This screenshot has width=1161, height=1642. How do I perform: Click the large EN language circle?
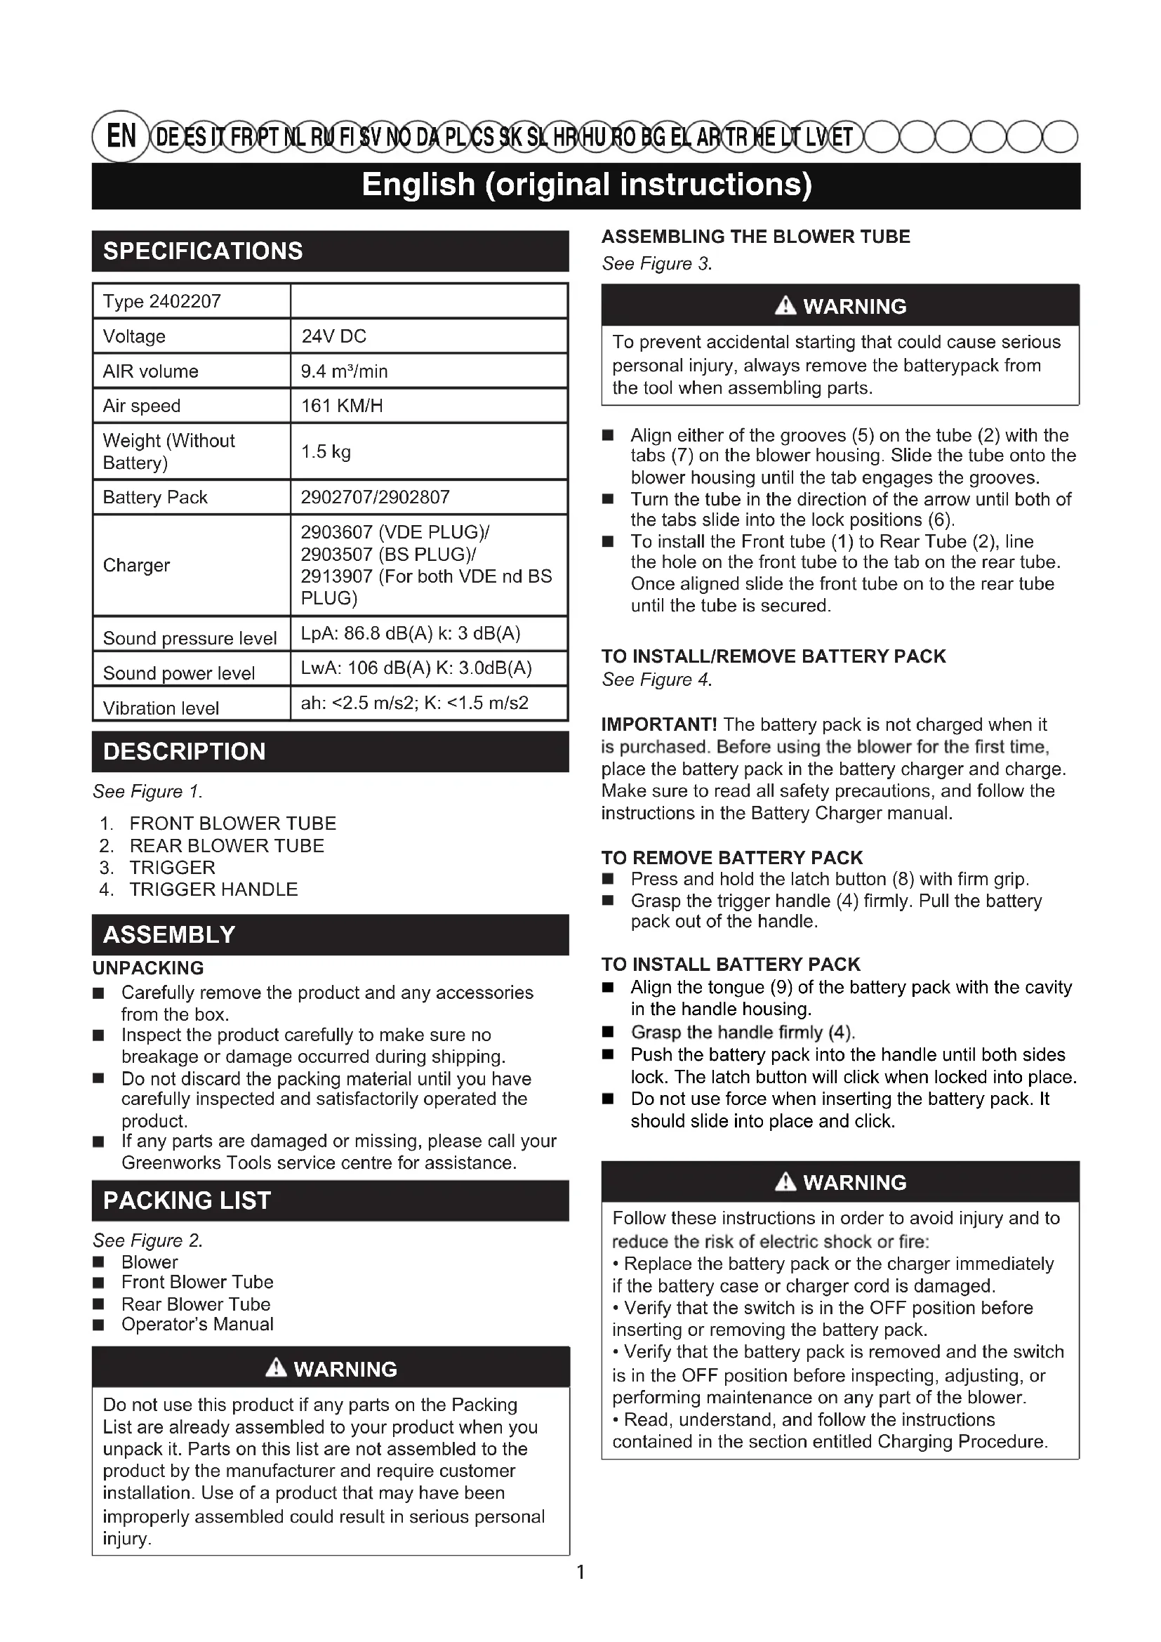point(121,136)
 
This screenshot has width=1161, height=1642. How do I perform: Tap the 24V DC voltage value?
point(333,336)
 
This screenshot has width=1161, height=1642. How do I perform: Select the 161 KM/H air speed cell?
point(342,406)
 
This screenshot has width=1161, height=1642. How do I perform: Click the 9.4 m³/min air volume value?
point(344,371)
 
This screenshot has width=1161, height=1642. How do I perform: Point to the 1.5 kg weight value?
point(325,451)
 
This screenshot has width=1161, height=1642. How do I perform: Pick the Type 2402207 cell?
point(161,301)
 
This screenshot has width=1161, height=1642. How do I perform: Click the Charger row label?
point(137,565)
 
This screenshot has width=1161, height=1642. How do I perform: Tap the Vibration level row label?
point(161,708)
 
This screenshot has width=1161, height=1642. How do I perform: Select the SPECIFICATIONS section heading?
point(203,251)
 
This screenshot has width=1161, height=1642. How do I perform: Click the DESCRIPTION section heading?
point(185,752)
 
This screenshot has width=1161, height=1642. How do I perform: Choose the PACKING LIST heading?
point(187,1200)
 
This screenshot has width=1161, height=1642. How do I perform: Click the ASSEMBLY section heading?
point(169,934)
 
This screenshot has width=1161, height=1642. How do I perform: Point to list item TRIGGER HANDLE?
point(213,889)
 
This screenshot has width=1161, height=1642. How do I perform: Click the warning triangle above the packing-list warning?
point(276,1368)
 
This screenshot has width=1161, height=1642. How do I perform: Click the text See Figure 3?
point(657,264)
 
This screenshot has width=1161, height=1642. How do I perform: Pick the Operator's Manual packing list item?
point(197,1325)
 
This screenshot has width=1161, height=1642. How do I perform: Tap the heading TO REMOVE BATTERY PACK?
point(732,857)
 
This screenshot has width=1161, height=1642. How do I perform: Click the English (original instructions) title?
point(586,185)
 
